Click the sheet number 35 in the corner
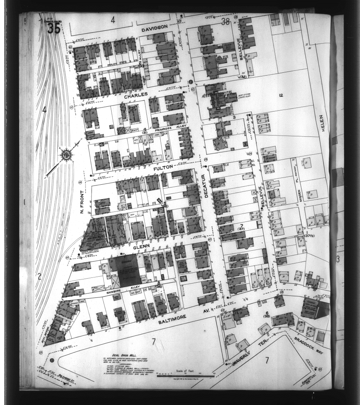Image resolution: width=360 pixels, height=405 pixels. (x=53, y=28)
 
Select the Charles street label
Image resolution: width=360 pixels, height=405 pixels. (x=136, y=96)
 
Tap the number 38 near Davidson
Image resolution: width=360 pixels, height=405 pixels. (x=226, y=22)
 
